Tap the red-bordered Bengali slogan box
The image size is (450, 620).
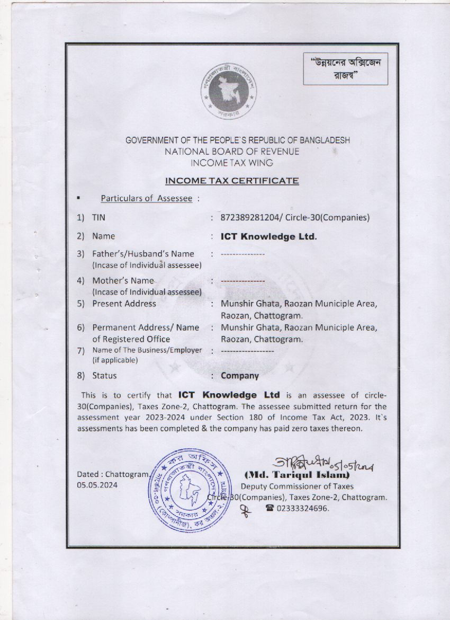[x=345, y=69]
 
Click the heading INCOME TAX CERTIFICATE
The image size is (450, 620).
[x=232, y=181]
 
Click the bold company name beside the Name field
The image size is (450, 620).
[x=268, y=236]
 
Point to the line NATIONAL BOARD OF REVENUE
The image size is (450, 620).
[x=232, y=152]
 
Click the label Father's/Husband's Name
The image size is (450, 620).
[x=143, y=254]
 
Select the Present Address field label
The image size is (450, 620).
[x=124, y=304]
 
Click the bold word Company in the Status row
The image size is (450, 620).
[x=240, y=376]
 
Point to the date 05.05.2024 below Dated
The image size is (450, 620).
[x=97, y=485]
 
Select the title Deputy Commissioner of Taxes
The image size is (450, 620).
[x=297, y=486]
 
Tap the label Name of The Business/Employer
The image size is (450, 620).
[x=147, y=350]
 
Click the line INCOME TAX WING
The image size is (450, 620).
[x=232, y=163]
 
